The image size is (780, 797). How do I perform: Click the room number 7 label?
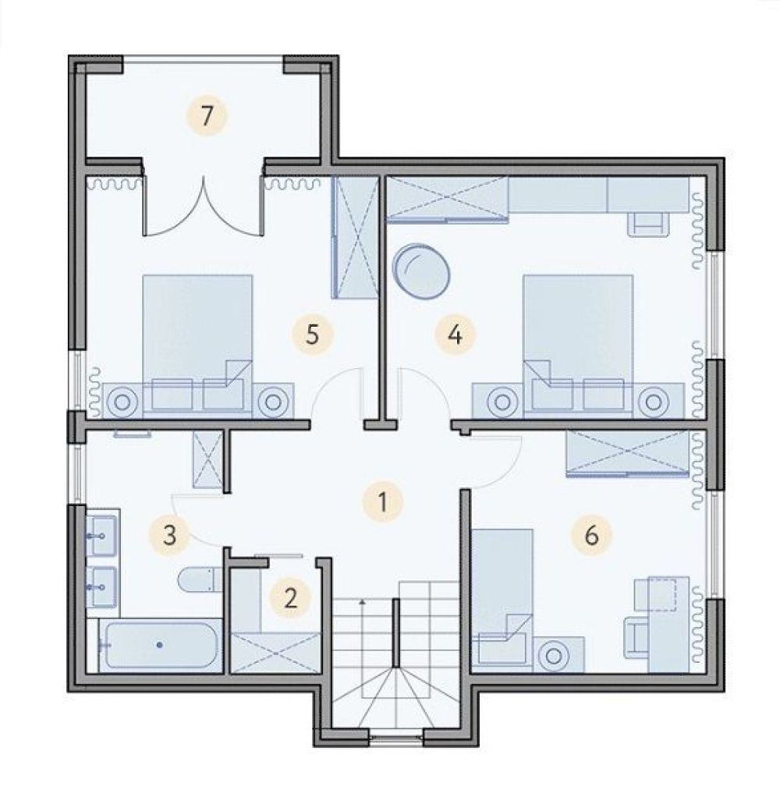[x=206, y=116]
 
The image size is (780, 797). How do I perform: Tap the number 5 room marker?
[x=312, y=335]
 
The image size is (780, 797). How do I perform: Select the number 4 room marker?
[x=455, y=335]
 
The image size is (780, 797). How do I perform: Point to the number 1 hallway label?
[x=383, y=501]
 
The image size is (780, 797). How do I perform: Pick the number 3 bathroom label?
[x=170, y=535]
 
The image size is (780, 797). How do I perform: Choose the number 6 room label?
[x=590, y=535]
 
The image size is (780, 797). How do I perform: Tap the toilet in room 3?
[x=200, y=580]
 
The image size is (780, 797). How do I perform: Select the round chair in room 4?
[x=421, y=271]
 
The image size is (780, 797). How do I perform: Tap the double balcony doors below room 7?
[x=204, y=206]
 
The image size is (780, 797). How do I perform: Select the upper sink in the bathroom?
[x=103, y=535]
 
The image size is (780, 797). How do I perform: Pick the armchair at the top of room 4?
[x=648, y=224]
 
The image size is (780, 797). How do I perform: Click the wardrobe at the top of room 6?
[x=628, y=453]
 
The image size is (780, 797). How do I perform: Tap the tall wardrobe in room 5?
[x=355, y=237]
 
